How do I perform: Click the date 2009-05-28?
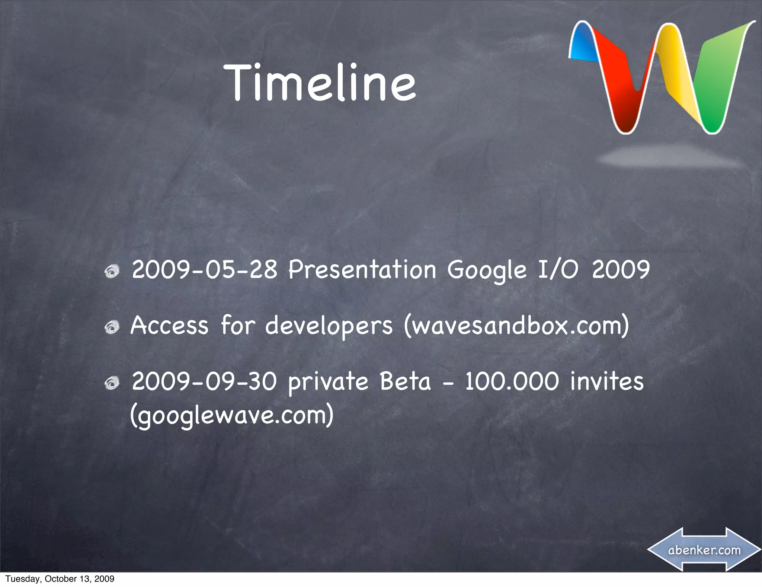(205, 270)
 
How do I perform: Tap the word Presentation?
(362, 270)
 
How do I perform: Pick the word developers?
(329, 326)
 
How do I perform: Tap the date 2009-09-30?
(205, 381)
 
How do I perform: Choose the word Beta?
(405, 381)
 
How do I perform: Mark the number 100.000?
(512, 381)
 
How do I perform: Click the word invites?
(607, 381)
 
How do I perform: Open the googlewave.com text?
(232, 416)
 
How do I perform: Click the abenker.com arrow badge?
(704, 550)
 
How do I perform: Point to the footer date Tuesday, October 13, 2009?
(60, 579)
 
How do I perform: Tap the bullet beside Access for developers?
(111, 328)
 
